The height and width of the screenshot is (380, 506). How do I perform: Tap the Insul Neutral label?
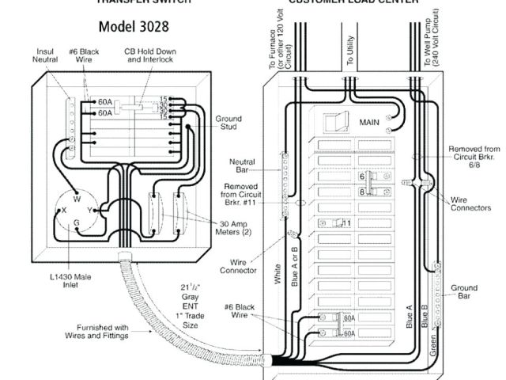click(x=45, y=57)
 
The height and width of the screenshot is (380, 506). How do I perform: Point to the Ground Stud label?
click(x=228, y=124)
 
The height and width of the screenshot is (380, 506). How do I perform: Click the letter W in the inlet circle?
click(x=77, y=199)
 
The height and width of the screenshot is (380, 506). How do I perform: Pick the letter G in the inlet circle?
click(x=76, y=224)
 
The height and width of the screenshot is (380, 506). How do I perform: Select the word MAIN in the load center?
click(x=369, y=123)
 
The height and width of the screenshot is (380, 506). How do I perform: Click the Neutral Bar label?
click(x=241, y=167)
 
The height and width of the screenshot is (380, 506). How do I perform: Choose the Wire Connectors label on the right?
click(x=468, y=203)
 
